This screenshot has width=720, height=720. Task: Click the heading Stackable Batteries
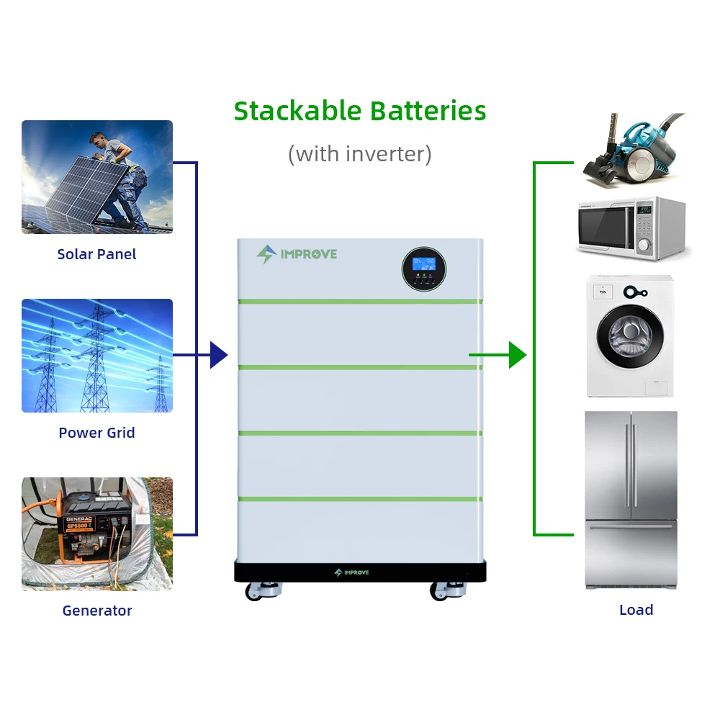pyautogui.click(x=360, y=112)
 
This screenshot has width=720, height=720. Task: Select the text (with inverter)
pyautogui.click(x=360, y=153)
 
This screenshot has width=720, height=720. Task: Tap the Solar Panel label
pyautogui.click(x=96, y=254)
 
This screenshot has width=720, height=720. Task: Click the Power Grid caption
pyautogui.click(x=96, y=433)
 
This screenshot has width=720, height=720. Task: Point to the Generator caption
pyautogui.click(x=96, y=611)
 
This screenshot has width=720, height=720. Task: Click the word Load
pyautogui.click(x=636, y=610)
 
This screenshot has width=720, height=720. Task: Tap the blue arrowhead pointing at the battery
pyautogui.click(x=218, y=355)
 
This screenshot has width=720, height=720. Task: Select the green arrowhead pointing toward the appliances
pyautogui.click(x=517, y=355)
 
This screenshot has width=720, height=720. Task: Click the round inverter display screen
pyautogui.click(x=423, y=269)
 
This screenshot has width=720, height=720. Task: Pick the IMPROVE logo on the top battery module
pyautogui.click(x=297, y=254)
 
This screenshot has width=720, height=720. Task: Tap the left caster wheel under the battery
pyautogui.click(x=257, y=591)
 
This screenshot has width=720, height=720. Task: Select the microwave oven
pyautogui.click(x=630, y=229)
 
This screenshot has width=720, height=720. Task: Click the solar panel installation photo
pyautogui.click(x=97, y=177)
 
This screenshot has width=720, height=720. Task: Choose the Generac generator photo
pyautogui.click(x=97, y=534)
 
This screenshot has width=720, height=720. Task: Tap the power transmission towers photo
pyautogui.click(x=97, y=356)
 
